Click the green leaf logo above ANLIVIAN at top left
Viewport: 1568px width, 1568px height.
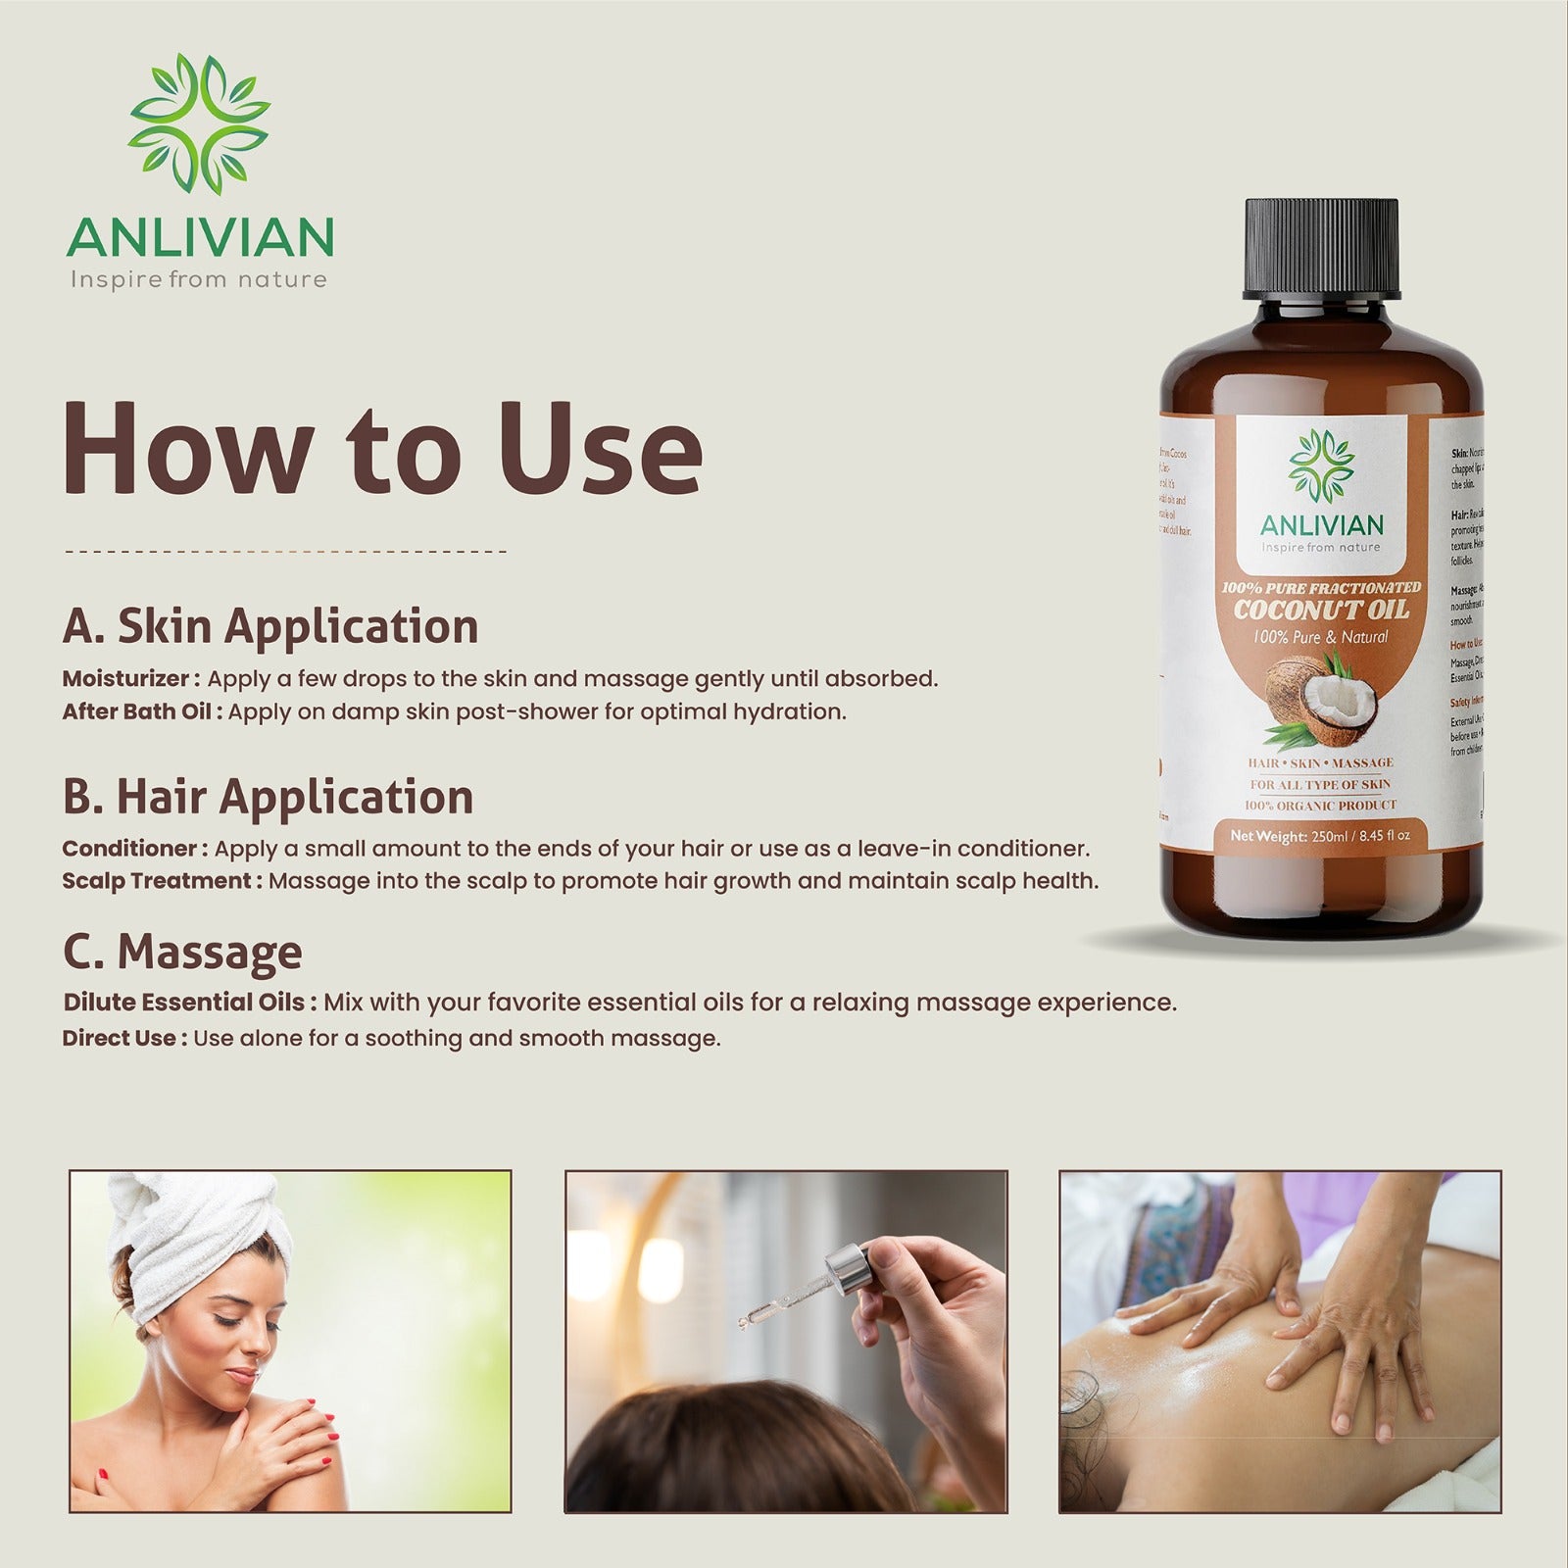pyautogui.click(x=200, y=123)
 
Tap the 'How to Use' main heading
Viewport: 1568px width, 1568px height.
pyautogui.click(x=382, y=448)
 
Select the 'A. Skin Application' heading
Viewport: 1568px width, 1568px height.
pyautogui.click(x=270, y=627)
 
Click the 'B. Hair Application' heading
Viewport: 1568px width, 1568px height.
pyautogui.click(x=268, y=797)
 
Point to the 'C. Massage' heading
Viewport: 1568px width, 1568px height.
pyautogui.click(x=182, y=952)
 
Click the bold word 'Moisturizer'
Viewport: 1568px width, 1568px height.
pyautogui.click(x=125, y=679)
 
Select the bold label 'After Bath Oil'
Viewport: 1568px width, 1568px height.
pyautogui.click(x=137, y=711)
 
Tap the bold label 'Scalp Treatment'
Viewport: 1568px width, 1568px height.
pyautogui.click(x=157, y=881)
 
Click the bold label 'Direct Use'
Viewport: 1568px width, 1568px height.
pyautogui.click(x=120, y=1038)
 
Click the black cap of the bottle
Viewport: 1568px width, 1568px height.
pyautogui.click(x=1320, y=248)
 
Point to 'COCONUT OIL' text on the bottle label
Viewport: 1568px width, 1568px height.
pyautogui.click(x=1321, y=611)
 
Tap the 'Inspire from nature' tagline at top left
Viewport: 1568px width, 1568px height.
pyautogui.click(x=199, y=280)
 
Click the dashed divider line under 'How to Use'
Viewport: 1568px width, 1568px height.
pyautogui.click(x=285, y=552)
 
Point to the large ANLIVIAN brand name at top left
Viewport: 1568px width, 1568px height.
pyautogui.click(x=200, y=237)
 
